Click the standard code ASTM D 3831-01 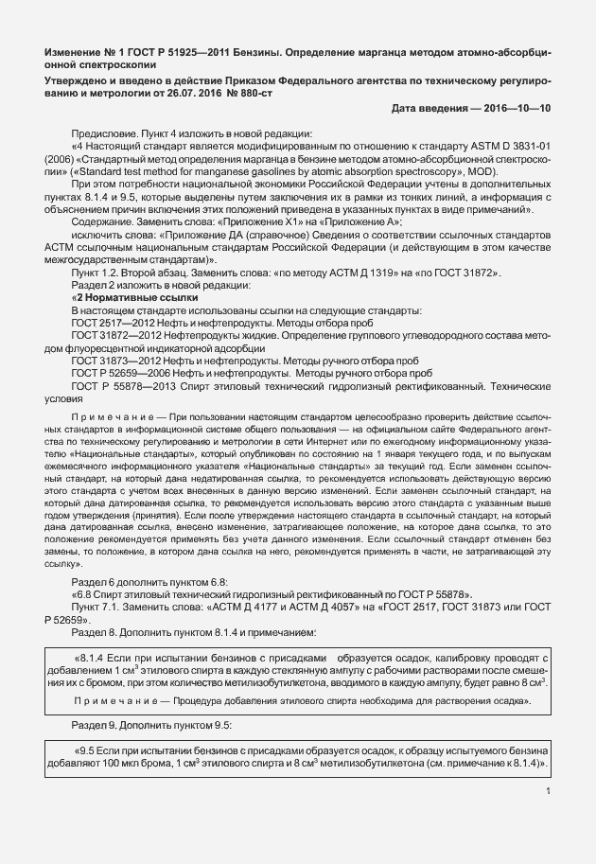[x=511, y=146]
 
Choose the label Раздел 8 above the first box [x=96, y=631]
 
